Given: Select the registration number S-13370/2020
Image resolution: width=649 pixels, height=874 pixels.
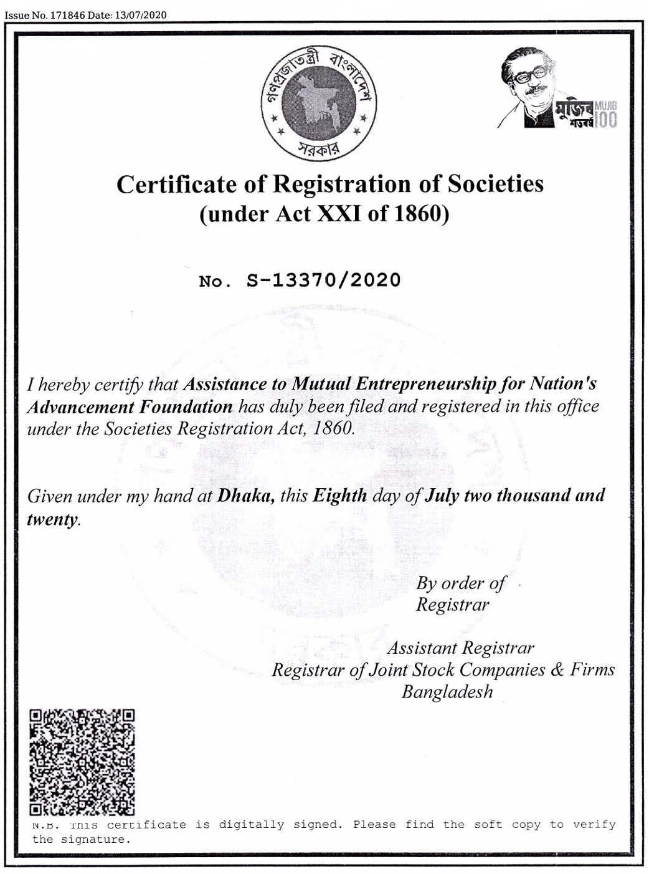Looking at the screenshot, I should [x=324, y=280].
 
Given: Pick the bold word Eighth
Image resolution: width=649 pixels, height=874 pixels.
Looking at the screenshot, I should [x=340, y=496].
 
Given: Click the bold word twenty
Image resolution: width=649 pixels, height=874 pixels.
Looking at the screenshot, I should [x=52, y=519].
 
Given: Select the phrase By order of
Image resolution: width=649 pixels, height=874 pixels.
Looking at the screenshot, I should [x=460, y=583].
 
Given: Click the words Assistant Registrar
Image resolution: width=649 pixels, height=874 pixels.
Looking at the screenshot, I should [x=460, y=648].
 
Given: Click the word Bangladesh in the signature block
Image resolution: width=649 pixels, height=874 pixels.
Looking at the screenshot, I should [x=447, y=692].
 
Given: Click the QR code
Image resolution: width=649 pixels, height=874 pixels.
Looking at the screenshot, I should [x=82, y=762].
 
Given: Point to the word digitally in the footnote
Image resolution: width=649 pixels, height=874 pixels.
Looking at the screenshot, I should [x=251, y=825].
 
